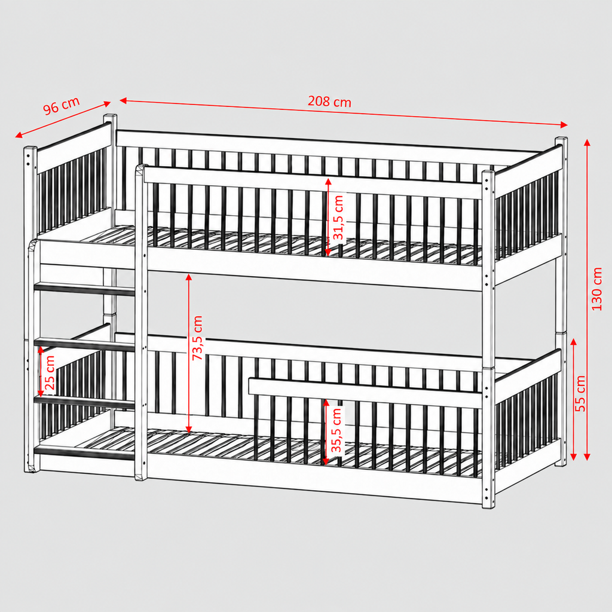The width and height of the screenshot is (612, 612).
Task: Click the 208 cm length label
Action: click(329, 102)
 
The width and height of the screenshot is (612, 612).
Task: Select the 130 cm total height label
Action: click(597, 289)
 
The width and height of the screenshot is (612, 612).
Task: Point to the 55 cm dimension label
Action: click(580, 393)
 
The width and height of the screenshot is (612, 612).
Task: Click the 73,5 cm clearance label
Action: click(197, 338)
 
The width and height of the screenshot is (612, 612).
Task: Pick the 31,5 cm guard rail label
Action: click(338, 218)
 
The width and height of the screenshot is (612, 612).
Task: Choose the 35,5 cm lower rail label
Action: click(336, 430)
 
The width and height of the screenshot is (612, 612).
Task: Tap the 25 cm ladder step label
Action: click(50, 373)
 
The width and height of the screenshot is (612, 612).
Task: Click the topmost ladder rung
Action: click(85, 290)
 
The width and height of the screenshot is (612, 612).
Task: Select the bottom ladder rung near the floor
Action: click(85, 453)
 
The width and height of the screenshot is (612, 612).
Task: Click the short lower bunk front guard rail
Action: click(365, 392)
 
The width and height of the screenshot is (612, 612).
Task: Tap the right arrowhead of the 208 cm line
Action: click(564, 125)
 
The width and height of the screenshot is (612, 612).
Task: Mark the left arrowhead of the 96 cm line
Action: click(19, 135)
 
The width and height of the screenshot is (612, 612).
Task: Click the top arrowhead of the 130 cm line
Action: click(587, 143)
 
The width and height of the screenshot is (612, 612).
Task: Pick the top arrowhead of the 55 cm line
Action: click(573, 342)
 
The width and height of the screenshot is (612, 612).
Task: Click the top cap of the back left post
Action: click(110, 117)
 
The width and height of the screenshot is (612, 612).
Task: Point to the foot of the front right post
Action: click(489, 504)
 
